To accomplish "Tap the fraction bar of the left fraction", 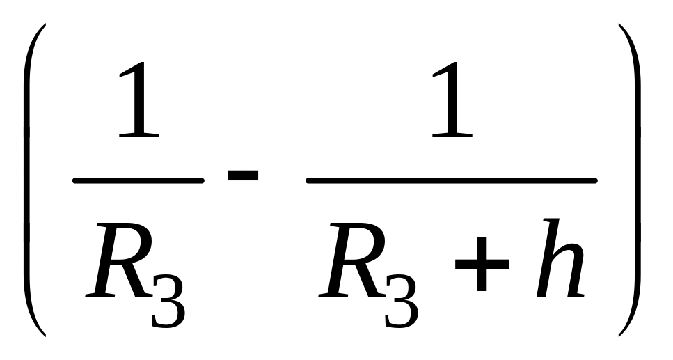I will [x=138, y=181].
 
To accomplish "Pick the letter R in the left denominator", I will [x=115, y=261].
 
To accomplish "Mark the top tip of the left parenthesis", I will [x=44, y=26].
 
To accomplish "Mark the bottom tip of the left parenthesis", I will [x=44, y=336].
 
